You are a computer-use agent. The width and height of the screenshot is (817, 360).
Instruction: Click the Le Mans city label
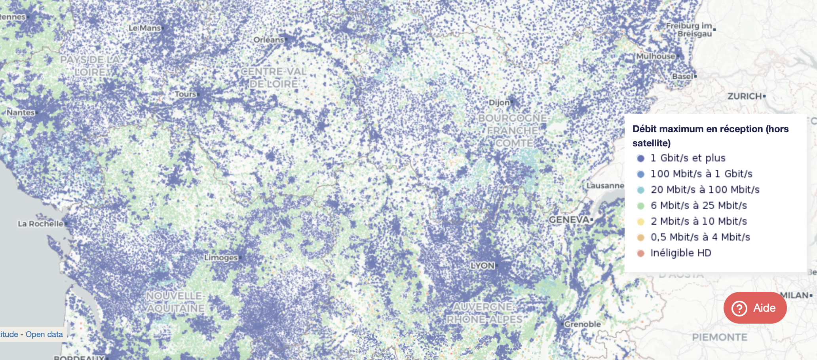coord(145,28)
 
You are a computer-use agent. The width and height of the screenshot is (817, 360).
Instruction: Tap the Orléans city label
coord(269,40)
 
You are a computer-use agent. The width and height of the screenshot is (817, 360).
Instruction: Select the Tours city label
coord(186,94)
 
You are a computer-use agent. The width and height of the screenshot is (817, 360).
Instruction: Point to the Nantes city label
coord(21,112)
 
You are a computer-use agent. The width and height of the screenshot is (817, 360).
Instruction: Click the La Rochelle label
coord(41,224)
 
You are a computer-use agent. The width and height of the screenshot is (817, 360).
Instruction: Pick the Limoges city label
coord(221,258)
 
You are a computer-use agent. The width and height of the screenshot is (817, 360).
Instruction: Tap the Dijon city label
coord(499,102)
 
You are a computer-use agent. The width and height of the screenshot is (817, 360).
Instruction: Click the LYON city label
coord(483,265)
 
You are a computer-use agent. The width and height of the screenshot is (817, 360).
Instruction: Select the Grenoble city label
coord(583,324)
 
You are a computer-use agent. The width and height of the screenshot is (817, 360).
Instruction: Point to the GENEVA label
coord(569,220)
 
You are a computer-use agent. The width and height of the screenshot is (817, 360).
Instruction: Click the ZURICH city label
coord(745,96)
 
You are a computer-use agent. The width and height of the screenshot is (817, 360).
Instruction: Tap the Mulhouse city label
coord(655,56)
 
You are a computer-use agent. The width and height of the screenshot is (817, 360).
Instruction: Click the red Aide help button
coord(755,308)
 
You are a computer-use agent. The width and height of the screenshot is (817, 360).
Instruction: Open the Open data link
coord(44,334)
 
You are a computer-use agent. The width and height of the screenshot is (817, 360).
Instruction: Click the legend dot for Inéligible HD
coord(641,253)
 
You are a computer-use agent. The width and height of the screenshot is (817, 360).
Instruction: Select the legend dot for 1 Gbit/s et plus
coord(641,158)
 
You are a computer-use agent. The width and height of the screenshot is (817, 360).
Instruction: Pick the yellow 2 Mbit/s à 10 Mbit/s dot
coord(641,222)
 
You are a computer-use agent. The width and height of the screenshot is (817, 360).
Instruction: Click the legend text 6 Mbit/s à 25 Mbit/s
coord(699,205)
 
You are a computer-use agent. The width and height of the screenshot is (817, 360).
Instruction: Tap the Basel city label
coord(683,76)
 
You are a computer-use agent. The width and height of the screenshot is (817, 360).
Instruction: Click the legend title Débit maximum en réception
coord(710,129)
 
